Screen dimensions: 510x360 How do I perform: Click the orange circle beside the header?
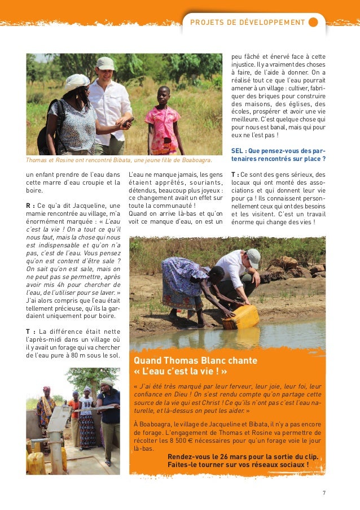click(313, 23)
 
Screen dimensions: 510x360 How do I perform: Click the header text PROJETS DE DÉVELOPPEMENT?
click(248, 23)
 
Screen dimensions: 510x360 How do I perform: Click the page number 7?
click(324, 493)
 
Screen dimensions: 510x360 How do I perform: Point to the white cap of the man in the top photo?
click(105, 63)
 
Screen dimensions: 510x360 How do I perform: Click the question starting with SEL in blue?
click(278, 154)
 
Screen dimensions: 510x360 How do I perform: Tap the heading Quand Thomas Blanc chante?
click(195, 360)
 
